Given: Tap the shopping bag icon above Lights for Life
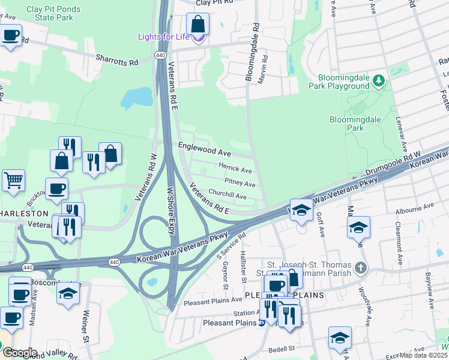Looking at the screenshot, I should pos(197,25).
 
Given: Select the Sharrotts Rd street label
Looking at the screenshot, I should pos(117,61).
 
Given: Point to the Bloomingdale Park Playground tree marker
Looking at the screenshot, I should pos(378,80).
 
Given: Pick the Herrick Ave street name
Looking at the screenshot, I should pos(235,170).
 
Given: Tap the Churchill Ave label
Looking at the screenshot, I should pos(227,196).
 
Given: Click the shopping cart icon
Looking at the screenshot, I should pos(13,179).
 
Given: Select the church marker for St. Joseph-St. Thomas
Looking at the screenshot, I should pos(360,268).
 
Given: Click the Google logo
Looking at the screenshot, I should pos(19,352).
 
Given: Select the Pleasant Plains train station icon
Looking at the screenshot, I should pos(261,323).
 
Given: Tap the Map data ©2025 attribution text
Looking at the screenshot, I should pos(423,355).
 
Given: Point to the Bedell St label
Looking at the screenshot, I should pos(282,348).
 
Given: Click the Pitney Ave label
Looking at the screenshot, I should pos(240,182).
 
